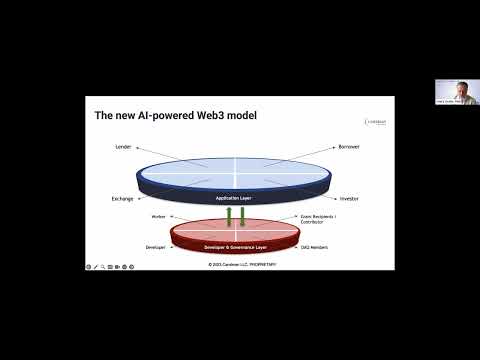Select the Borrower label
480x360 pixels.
pyautogui.click(x=351, y=147)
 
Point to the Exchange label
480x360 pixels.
pyautogui.click(x=122, y=198)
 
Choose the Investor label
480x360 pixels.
pyautogui.click(x=349, y=198)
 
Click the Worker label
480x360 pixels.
pyautogui.click(x=157, y=215)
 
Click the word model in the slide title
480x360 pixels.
pyautogui.click(x=241, y=115)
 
